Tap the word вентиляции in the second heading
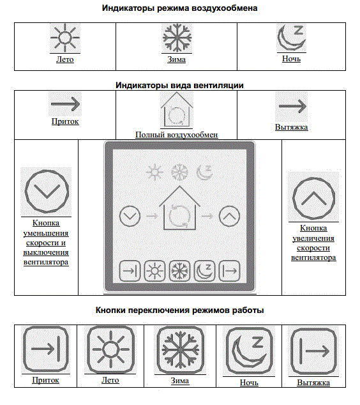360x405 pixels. (x=218, y=86)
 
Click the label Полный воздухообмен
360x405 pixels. (x=177, y=135)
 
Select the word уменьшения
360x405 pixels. (x=46, y=233)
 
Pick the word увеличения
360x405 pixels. (x=313, y=238)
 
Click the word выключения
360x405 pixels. (x=46, y=252)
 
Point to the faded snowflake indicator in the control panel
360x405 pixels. (x=179, y=172)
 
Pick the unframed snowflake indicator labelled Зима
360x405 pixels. (x=177, y=38)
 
